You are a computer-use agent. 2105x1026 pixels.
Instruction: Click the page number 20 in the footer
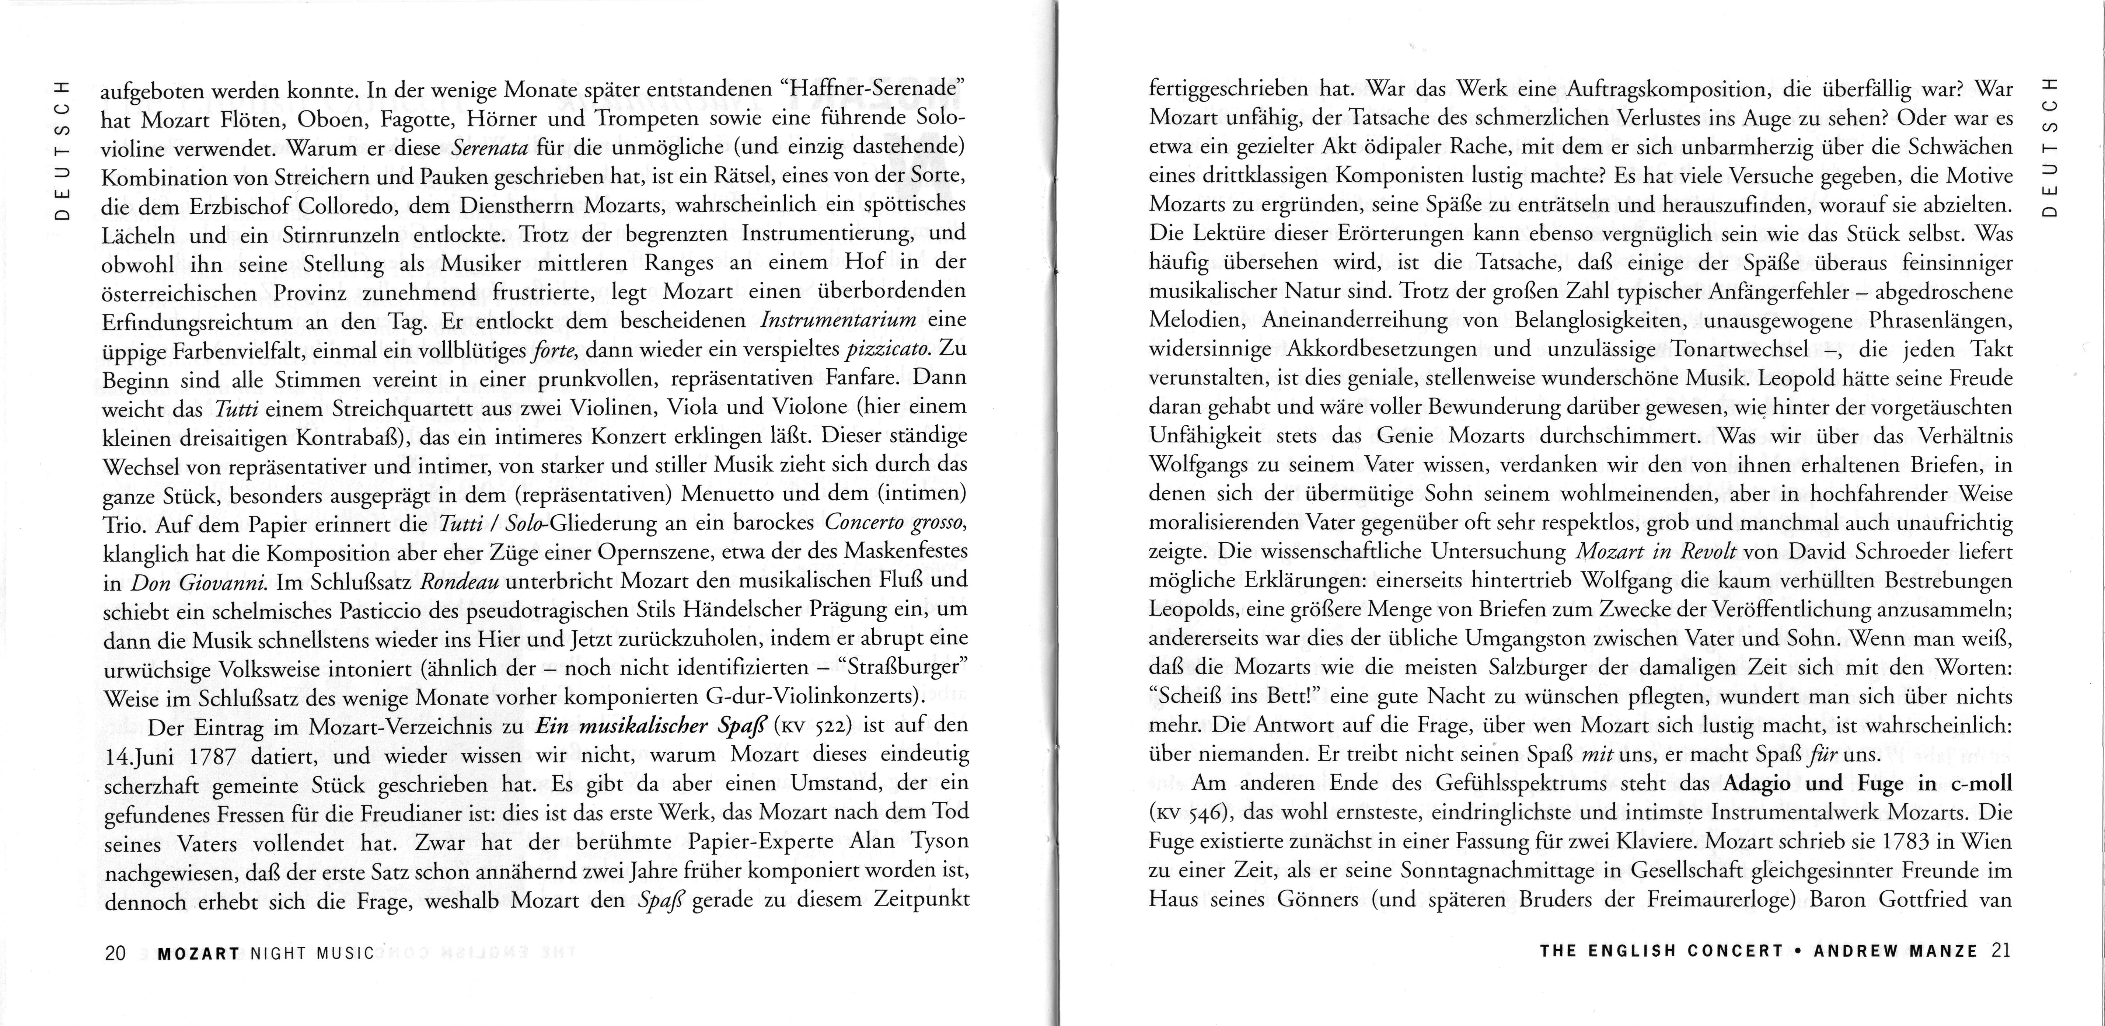115,953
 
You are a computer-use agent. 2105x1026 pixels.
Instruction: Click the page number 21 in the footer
2001,951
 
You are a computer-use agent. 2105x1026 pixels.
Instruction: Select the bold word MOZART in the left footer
199,953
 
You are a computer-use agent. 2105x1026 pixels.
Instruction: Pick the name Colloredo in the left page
357,206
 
